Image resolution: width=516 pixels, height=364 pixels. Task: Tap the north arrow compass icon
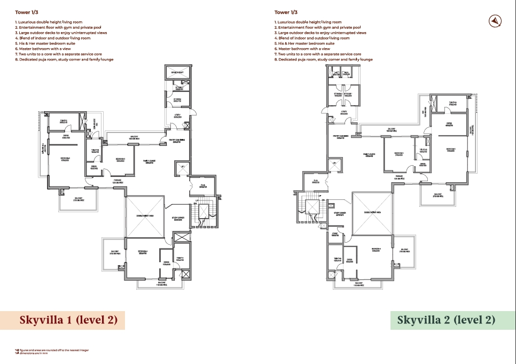click(x=495, y=21)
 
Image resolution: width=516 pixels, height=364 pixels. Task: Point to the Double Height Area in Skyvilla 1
click(x=145, y=216)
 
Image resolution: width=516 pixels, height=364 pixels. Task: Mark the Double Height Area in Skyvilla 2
click(x=372, y=213)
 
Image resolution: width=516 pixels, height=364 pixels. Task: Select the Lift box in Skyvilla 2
click(x=334, y=164)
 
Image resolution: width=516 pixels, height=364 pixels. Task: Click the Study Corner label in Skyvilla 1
click(x=178, y=219)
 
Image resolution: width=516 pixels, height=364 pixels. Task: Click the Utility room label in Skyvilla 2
click(x=344, y=113)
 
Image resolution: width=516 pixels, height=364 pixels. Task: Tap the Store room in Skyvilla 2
click(x=335, y=234)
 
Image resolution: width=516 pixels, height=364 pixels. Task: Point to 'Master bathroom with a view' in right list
click(x=303, y=49)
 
